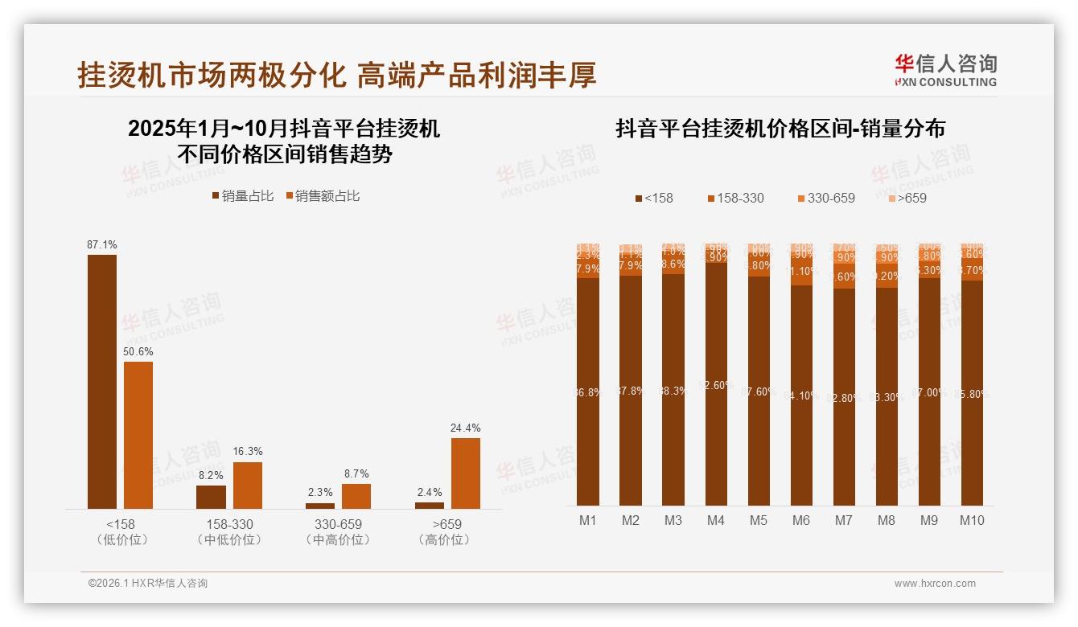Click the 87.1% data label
pos(102,244)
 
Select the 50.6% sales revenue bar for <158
pos(138,435)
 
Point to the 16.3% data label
pos(247,451)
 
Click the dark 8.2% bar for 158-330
pos(211,497)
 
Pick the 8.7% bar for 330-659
pos(356,496)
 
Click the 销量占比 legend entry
pos(242,196)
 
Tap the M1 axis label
pos(588,520)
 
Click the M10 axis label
pos(972,520)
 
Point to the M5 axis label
pos(759,520)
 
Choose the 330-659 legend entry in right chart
pos(826,198)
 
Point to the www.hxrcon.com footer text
pos(935,584)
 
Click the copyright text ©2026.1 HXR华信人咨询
pos(148,584)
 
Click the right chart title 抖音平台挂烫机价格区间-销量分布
pos(780,129)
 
